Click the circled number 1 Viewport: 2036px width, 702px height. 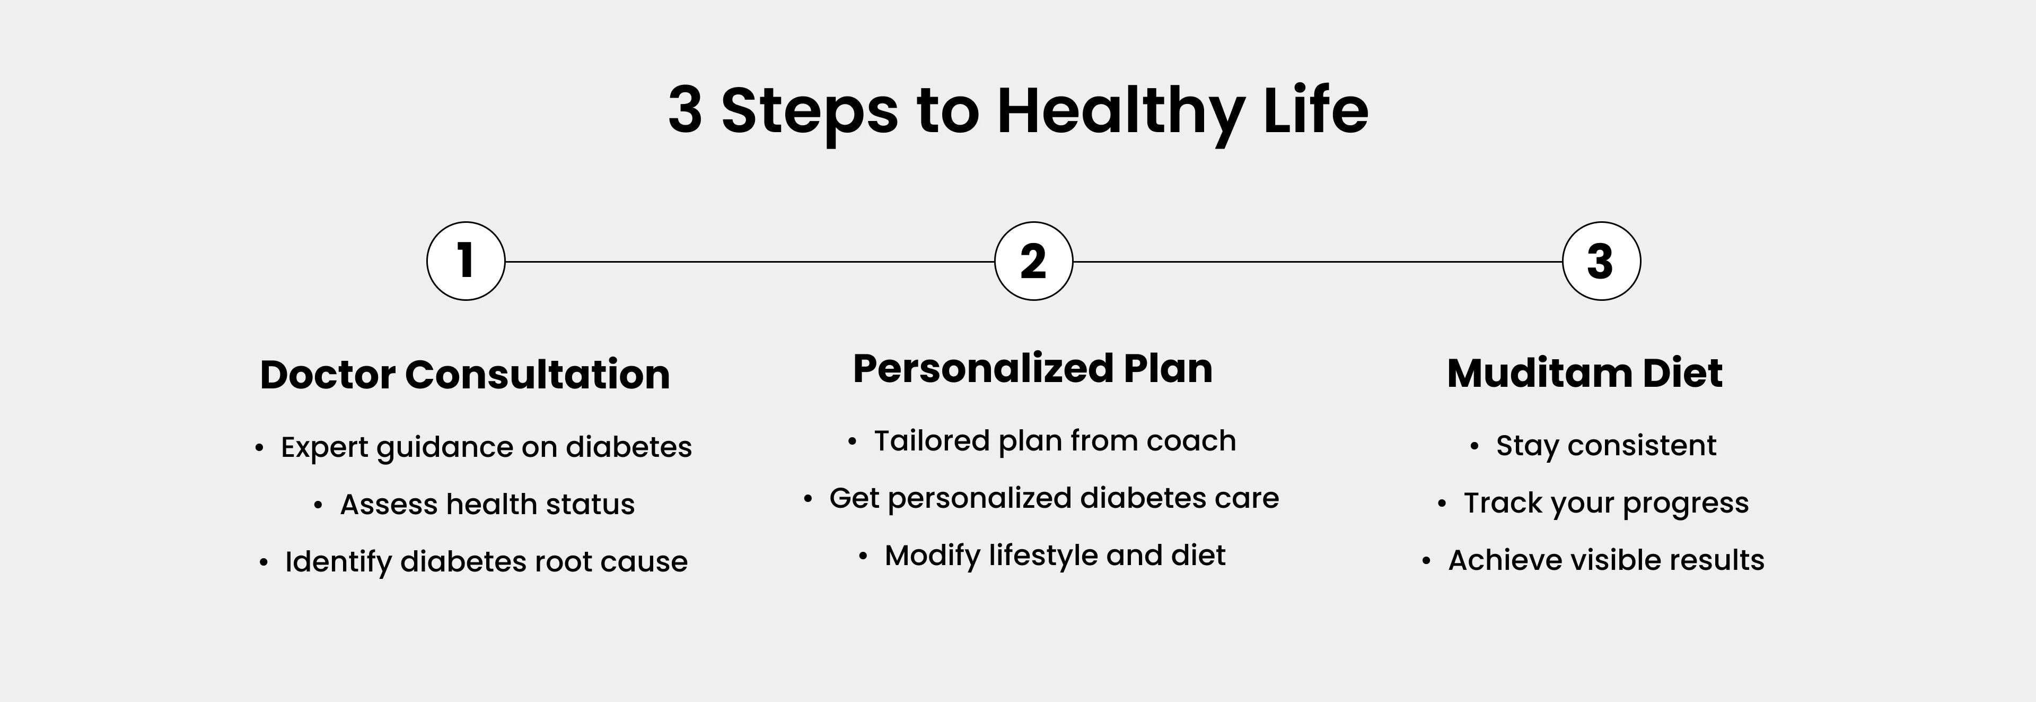466,261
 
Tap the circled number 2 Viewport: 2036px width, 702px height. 1033,261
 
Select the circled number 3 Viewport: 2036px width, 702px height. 1601,261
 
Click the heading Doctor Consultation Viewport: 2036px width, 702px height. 465,374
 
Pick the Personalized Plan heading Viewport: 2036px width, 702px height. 1032,368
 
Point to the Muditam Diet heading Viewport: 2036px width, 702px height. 1585,373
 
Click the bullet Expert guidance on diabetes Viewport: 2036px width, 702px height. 486,447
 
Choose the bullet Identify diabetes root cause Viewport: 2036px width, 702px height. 486,562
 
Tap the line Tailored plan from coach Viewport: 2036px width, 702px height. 1055,441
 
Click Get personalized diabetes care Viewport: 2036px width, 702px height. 1054,499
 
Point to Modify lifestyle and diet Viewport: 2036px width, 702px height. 1055,556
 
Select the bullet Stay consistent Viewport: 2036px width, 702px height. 1606,446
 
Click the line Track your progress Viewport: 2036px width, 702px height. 1606,504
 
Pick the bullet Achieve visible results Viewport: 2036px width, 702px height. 1606,560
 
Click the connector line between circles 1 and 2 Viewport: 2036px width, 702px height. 749,261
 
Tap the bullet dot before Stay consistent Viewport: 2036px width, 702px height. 1474,447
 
